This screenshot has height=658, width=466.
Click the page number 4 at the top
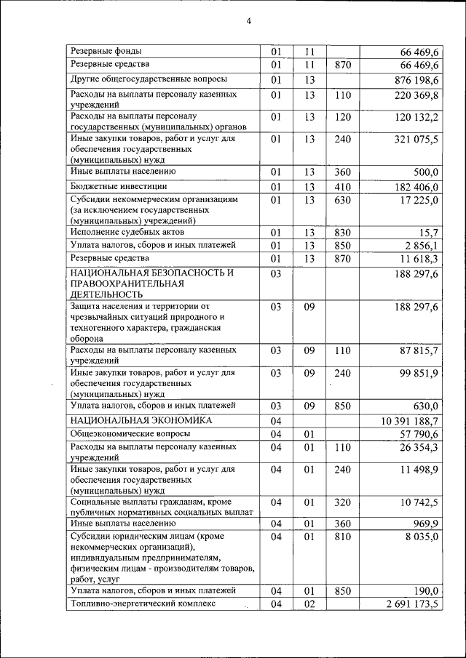click(x=248, y=21)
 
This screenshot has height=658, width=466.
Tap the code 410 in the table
click(x=343, y=187)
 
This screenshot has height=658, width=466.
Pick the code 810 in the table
click(x=343, y=537)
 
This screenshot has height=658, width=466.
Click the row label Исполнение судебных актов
click(x=127, y=232)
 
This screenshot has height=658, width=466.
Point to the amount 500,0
click(x=424, y=172)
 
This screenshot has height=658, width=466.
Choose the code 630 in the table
click(x=343, y=200)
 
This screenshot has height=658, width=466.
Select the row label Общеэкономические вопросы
click(x=130, y=434)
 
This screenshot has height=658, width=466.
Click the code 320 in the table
click(x=343, y=502)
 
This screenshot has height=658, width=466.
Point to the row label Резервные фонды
click(x=106, y=51)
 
